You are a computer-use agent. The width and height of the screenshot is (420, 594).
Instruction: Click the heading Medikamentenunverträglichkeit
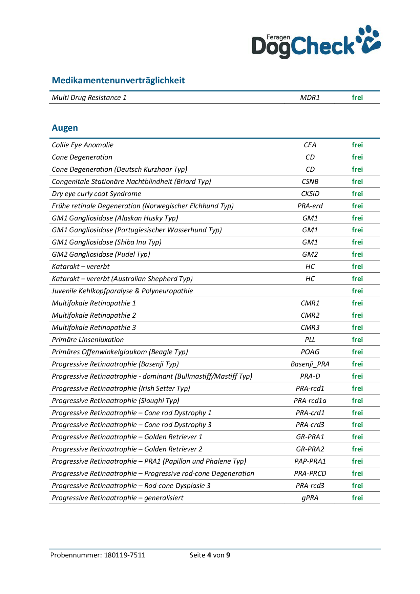click(118, 80)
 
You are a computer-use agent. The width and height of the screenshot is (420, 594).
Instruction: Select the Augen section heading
click(65, 128)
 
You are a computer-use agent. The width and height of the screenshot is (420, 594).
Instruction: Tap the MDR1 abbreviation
click(310, 98)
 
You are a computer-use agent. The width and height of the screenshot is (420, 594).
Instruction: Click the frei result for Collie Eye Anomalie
click(357, 145)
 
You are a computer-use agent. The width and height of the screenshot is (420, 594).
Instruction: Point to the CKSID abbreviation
click(310, 194)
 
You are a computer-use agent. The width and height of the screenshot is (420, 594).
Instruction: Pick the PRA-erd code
click(310, 206)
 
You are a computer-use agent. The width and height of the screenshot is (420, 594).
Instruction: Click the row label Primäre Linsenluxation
click(88, 340)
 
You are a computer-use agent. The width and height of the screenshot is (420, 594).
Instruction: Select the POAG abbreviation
click(310, 352)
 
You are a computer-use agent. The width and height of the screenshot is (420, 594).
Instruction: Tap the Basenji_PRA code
click(310, 364)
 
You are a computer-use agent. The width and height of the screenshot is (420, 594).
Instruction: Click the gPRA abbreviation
click(310, 498)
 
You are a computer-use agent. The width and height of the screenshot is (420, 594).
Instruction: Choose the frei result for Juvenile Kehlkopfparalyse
click(357, 291)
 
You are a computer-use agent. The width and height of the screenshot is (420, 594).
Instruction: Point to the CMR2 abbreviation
click(310, 315)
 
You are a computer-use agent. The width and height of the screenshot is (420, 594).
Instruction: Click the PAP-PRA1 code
click(310, 461)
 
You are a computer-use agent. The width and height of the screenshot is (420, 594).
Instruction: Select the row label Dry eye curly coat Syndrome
click(96, 194)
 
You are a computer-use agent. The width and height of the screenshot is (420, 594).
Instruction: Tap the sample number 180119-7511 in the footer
click(124, 555)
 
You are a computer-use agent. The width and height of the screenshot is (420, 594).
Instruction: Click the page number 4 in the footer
click(209, 555)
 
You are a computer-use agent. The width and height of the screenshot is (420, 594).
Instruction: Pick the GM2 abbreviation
click(310, 254)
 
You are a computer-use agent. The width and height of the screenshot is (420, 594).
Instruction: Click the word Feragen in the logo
click(278, 37)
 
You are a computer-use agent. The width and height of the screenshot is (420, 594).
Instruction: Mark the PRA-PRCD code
click(310, 473)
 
